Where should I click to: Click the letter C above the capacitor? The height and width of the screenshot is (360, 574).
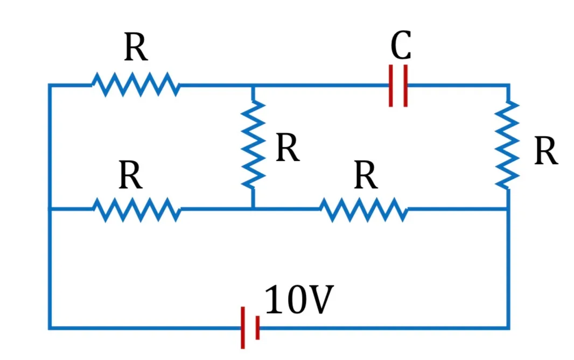(x=401, y=45)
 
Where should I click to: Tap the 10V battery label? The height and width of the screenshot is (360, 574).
(x=299, y=299)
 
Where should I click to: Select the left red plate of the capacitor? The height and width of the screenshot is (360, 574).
(x=391, y=86)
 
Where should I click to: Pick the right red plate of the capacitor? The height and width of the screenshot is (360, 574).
(x=405, y=86)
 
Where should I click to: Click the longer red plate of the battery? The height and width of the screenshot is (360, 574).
(x=243, y=327)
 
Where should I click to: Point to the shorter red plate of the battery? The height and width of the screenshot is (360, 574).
(x=258, y=327)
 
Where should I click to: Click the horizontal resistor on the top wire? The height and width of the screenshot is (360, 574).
(x=136, y=84)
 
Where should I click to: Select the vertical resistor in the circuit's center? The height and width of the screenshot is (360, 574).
(x=253, y=145)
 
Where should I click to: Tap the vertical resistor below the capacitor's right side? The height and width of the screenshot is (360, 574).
(x=507, y=145)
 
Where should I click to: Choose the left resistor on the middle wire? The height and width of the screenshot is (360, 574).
(x=137, y=209)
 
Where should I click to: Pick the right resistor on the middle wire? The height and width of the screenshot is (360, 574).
(x=364, y=210)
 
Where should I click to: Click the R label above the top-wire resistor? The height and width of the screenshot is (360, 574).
(x=136, y=47)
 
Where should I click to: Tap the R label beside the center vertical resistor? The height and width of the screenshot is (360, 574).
(x=288, y=147)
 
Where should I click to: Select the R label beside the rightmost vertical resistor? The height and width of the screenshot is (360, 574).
(x=546, y=151)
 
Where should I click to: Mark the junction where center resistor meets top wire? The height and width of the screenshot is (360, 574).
(x=253, y=86)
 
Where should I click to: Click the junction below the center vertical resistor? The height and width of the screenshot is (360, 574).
(x=253, y=209)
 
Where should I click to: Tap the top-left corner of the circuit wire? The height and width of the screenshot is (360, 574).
(x=50, y=85)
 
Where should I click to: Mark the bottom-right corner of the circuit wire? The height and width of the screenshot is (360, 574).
(x=508, y=328)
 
